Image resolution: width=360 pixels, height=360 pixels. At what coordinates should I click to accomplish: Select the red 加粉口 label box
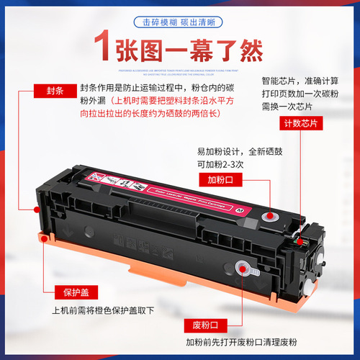[x=223, y=179]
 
